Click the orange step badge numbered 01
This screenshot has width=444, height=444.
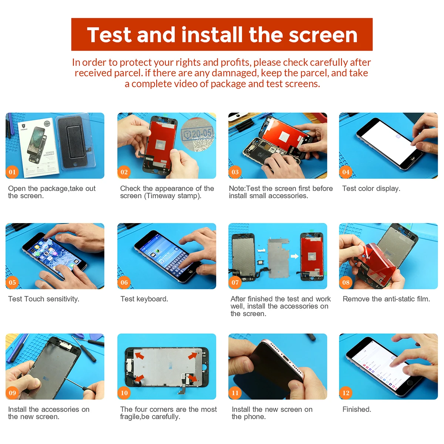(12, 172)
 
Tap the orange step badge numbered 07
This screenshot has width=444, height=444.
(235, 282)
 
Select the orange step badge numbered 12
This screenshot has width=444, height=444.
(346, 393)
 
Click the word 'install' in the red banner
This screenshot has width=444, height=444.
(212, 35)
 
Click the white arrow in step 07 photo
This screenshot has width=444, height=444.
(295, 256)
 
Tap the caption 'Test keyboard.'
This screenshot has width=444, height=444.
(144, 299)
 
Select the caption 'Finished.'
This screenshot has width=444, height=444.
(357, 409)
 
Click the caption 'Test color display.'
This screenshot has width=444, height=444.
(371, 188)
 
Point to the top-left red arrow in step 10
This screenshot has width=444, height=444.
(139, 356)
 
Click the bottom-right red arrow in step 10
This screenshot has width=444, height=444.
(192, 378)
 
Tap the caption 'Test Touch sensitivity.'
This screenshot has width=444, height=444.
(44, 299)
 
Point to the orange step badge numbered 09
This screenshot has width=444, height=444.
(12, 393)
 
